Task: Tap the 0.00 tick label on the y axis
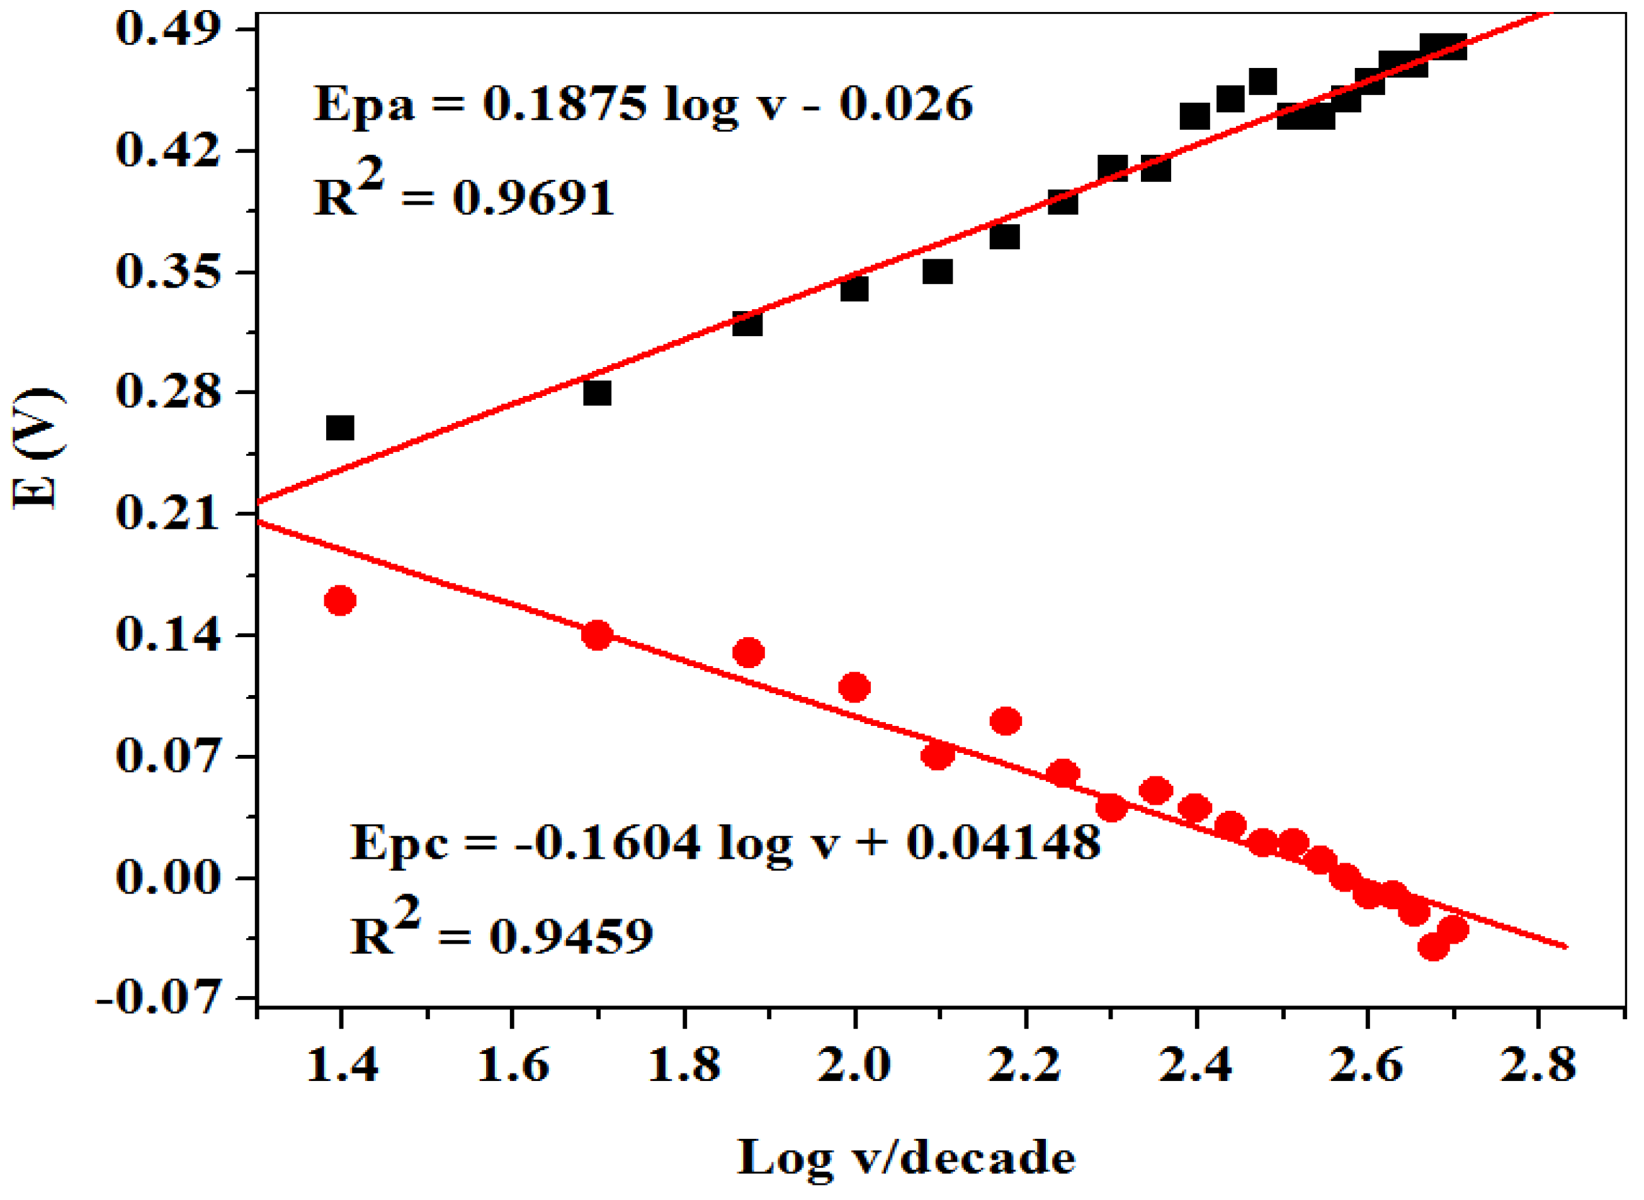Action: tap(168, 877)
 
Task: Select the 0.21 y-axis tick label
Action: tap(168, 513)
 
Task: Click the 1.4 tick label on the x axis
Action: tap(341, 1067)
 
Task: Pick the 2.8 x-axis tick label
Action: tap(1538, 1067)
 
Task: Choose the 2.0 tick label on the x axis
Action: tap(854, 1067)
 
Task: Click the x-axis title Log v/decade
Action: tap(906, 1158)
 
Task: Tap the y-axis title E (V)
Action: tap(38, 448)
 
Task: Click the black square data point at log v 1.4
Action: tap(340, 428)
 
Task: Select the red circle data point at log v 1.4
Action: tap(340, 601)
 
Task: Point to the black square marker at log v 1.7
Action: tap(597, 393)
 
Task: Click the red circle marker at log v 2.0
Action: tap(854, 686)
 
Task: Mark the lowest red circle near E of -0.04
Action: tap(1433, 947)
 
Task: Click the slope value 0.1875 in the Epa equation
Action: tap(564, 103)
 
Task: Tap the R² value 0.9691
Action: tap(533, 198)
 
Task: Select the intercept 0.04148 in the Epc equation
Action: tap(1003, 842)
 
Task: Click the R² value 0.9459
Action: tap(571, 936)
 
